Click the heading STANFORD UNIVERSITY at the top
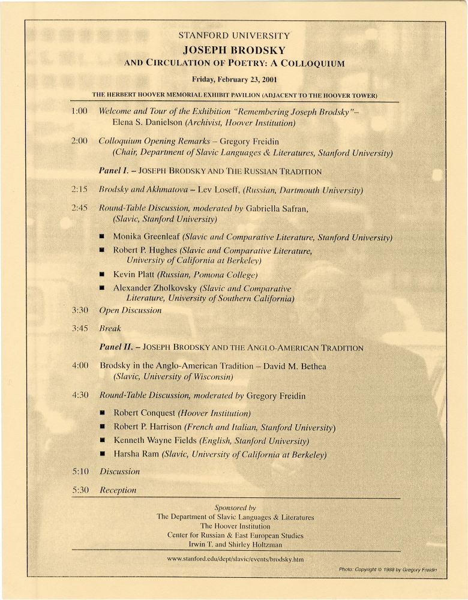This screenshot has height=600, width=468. pos(234,36)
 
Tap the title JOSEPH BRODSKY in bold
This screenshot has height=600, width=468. pos(234,50)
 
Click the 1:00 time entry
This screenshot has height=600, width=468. pos(79,111)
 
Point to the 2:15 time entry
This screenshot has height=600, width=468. pos(79,190)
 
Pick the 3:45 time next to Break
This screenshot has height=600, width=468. pos(79,328)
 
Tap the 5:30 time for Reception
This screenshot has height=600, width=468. pos(80,490)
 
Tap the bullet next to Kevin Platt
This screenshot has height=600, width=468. pos(103,275)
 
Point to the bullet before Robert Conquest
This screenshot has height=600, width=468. pos(103,413)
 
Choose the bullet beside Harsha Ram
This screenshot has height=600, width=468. pos(103,455)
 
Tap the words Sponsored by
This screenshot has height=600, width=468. pos(235,507)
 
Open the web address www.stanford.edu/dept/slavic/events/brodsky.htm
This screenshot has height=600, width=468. pos(235,559)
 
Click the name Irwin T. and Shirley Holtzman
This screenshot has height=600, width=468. pos(235,544)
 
